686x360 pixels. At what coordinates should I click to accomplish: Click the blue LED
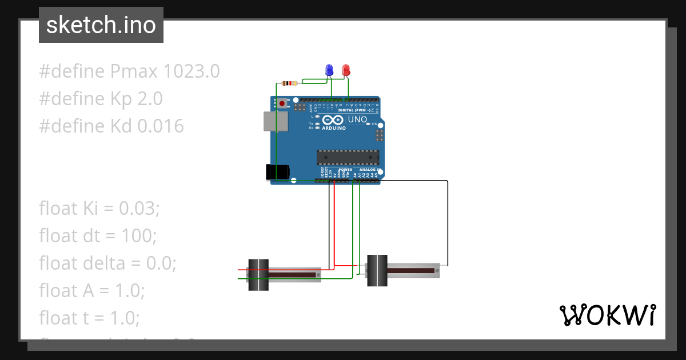coord(329,70)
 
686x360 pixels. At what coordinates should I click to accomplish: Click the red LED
coord(346,70)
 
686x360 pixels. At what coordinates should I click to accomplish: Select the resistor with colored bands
coord(290,83)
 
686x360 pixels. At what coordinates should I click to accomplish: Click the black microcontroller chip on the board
coord(348,157)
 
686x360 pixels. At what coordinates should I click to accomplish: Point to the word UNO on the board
coord(357,119)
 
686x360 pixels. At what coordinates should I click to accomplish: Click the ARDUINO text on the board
coord(334,128)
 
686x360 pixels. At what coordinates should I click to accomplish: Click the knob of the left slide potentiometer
coord(258,274)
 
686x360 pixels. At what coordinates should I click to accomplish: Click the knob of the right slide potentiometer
coord(376,270)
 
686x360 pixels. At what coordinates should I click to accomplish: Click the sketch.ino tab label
coord(101,25)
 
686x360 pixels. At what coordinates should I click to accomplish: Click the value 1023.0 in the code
coord(192,72)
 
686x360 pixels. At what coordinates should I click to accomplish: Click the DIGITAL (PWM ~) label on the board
coord(353,110)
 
